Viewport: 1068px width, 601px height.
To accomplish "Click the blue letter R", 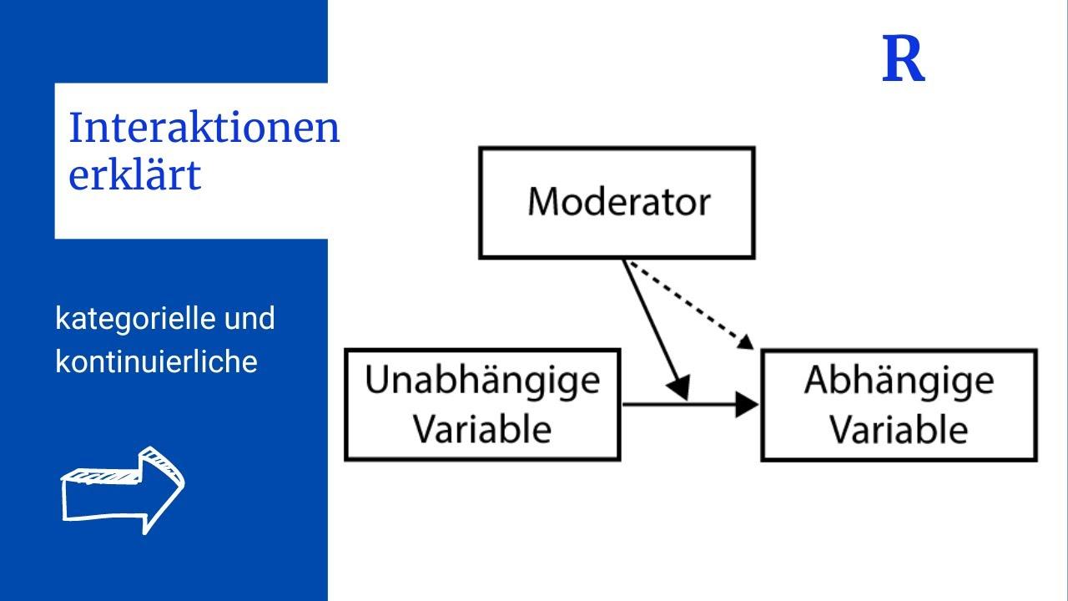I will [x=904, y=60].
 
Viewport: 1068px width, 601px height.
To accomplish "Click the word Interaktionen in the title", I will [x=204, y=129].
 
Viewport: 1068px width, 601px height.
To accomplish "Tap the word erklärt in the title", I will [x=134, y=175].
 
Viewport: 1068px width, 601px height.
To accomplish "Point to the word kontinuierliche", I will [x=156, y=361].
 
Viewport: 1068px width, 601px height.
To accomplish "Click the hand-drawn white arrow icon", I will [x=123, y=490].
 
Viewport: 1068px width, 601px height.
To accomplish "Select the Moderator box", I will [x=617, y=203].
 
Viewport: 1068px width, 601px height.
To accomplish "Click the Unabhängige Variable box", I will [x=482, y=405].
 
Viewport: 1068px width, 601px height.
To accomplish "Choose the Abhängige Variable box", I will [x=899, y=405].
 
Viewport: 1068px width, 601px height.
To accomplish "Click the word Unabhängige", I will [x=482, y=381].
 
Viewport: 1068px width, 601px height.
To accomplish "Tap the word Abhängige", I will [x=899, y=381].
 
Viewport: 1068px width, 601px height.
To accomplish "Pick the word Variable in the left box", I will [x=482, y=429].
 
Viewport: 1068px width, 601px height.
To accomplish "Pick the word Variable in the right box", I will [x=899, y=429].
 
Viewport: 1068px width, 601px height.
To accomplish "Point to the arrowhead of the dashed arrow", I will [x=746, y=341].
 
